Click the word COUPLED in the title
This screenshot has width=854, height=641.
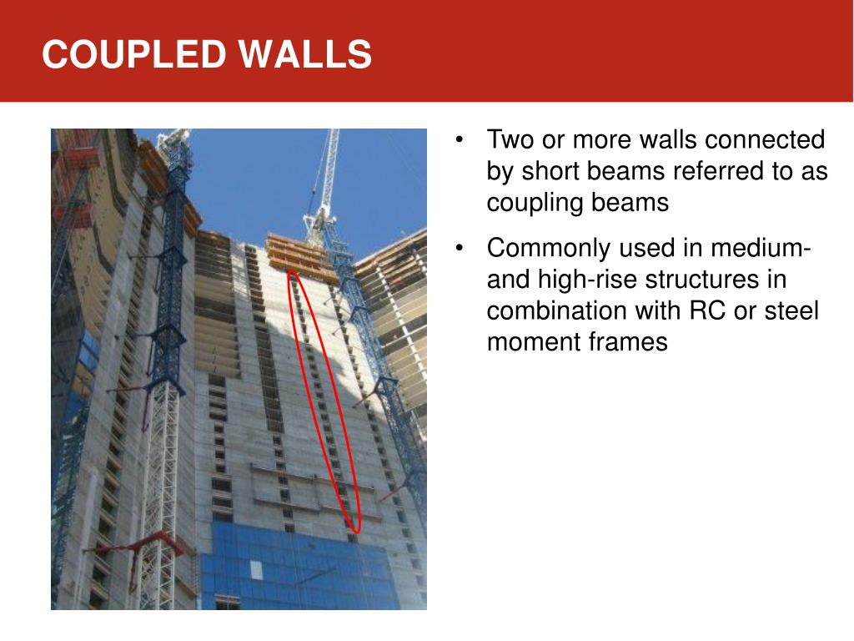(134, 55)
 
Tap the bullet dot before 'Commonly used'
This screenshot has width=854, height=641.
(460, 249)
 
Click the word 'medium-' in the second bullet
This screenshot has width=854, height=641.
(766, 249)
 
